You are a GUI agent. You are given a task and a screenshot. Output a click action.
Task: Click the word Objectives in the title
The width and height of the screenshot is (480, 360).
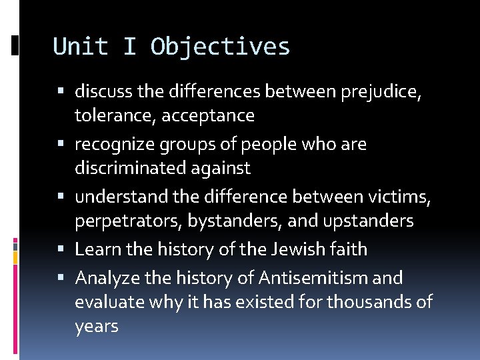point(220,47)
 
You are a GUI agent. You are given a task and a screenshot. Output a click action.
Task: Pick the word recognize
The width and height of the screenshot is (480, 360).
point(114,144)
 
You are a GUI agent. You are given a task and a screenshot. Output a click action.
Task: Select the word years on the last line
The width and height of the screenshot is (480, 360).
point(96,327)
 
